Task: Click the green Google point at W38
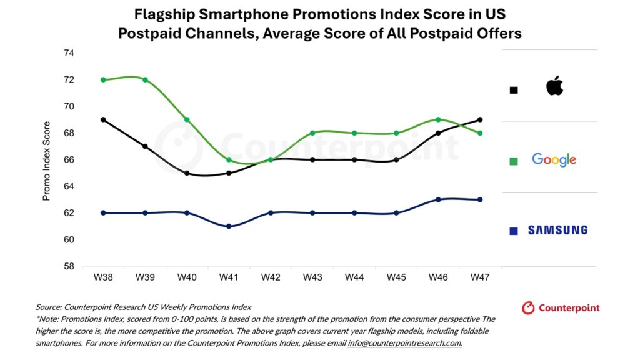pos(102,80)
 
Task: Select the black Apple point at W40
pos(186,173)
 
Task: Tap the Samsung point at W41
pos(228,226)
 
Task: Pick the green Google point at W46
pos(438,119)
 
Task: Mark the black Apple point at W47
pos(480,119)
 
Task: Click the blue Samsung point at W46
pos(438,199)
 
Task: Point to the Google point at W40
pos(186,119)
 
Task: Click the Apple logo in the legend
pos(554,86)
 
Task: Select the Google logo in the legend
pos(554,160)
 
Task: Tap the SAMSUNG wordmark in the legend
pos(557,230)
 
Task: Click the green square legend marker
pos(514,161)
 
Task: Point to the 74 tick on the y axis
pos(69,53)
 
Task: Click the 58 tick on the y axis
pos(69,266)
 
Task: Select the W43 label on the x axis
pos(312,277)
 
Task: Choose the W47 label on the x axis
pos(480,277)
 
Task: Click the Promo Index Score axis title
pos(46,160)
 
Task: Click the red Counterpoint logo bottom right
pos(561,307)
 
